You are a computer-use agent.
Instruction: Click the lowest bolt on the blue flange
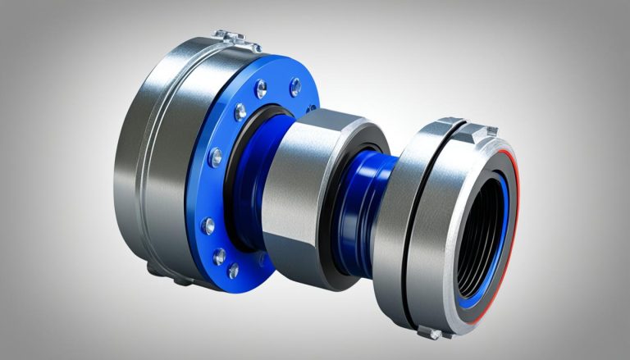[233, 270]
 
